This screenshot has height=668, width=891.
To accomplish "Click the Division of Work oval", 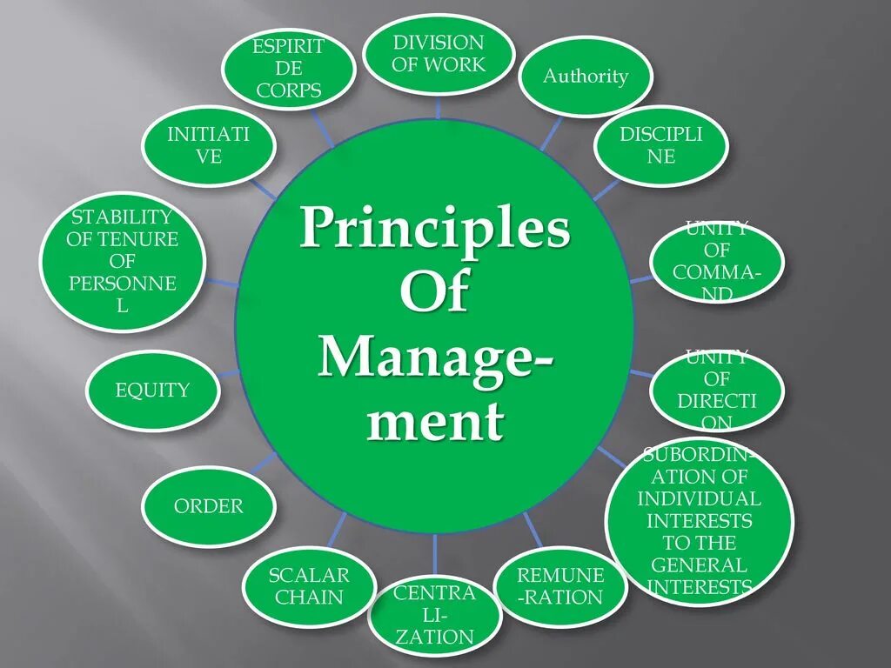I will [x=438, y=54].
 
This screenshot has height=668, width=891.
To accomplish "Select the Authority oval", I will [x=586, y=77].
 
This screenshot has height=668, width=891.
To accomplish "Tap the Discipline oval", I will [x=660, y=145].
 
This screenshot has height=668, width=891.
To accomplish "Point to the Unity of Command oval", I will [x=717, y=262].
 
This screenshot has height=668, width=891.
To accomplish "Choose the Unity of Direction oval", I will [x=717, y=391].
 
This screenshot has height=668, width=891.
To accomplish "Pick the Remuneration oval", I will [x=560, y=585].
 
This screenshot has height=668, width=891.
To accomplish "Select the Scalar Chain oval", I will [x=308, y=586].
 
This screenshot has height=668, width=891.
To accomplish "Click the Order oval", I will [x=209, y=505].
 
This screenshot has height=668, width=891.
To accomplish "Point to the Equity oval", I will [x=152, y=391].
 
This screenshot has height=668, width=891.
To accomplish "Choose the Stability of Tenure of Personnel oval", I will [x=123, y=260].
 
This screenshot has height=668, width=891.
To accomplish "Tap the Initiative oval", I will [x=209, y=145].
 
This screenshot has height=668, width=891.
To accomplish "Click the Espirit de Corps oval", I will [x=289, y=69].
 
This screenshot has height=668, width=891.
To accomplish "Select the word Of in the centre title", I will [x=434, y=293].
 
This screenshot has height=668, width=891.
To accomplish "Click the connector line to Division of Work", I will [x=438, y=107].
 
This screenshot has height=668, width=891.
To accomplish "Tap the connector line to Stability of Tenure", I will [x=223, y=283].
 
